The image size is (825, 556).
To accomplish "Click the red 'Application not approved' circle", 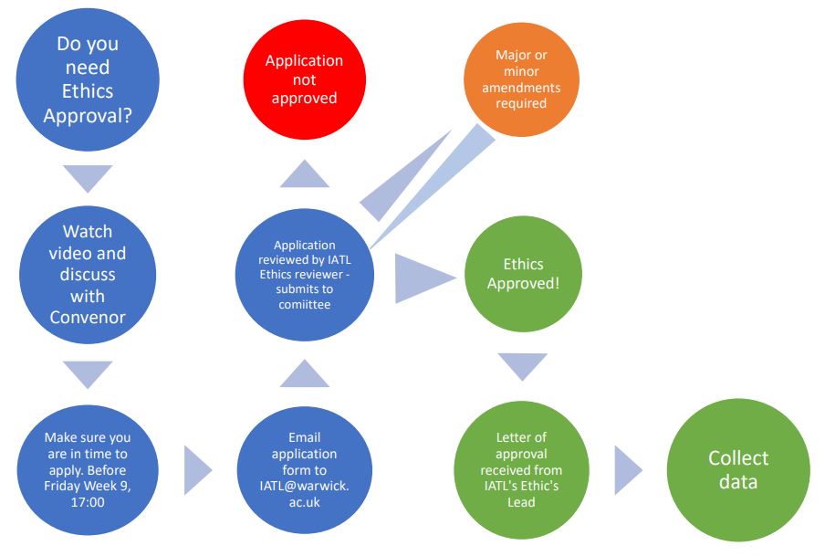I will click(x=304, y=79).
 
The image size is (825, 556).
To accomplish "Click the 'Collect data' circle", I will click(x=738, y=469).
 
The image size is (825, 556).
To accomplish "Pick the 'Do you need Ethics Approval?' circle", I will click(x=88, y=79).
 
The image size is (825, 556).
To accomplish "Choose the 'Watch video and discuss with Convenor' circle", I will click(x=88, y=275).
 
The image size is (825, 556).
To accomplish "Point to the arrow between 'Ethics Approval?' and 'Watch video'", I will click(x=89, y=177).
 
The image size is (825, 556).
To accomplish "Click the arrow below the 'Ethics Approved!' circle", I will click(x=523, y=366).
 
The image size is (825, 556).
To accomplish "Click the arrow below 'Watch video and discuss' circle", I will click(x=89, y=373).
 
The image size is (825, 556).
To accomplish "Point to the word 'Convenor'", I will click(x=88, y=317).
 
